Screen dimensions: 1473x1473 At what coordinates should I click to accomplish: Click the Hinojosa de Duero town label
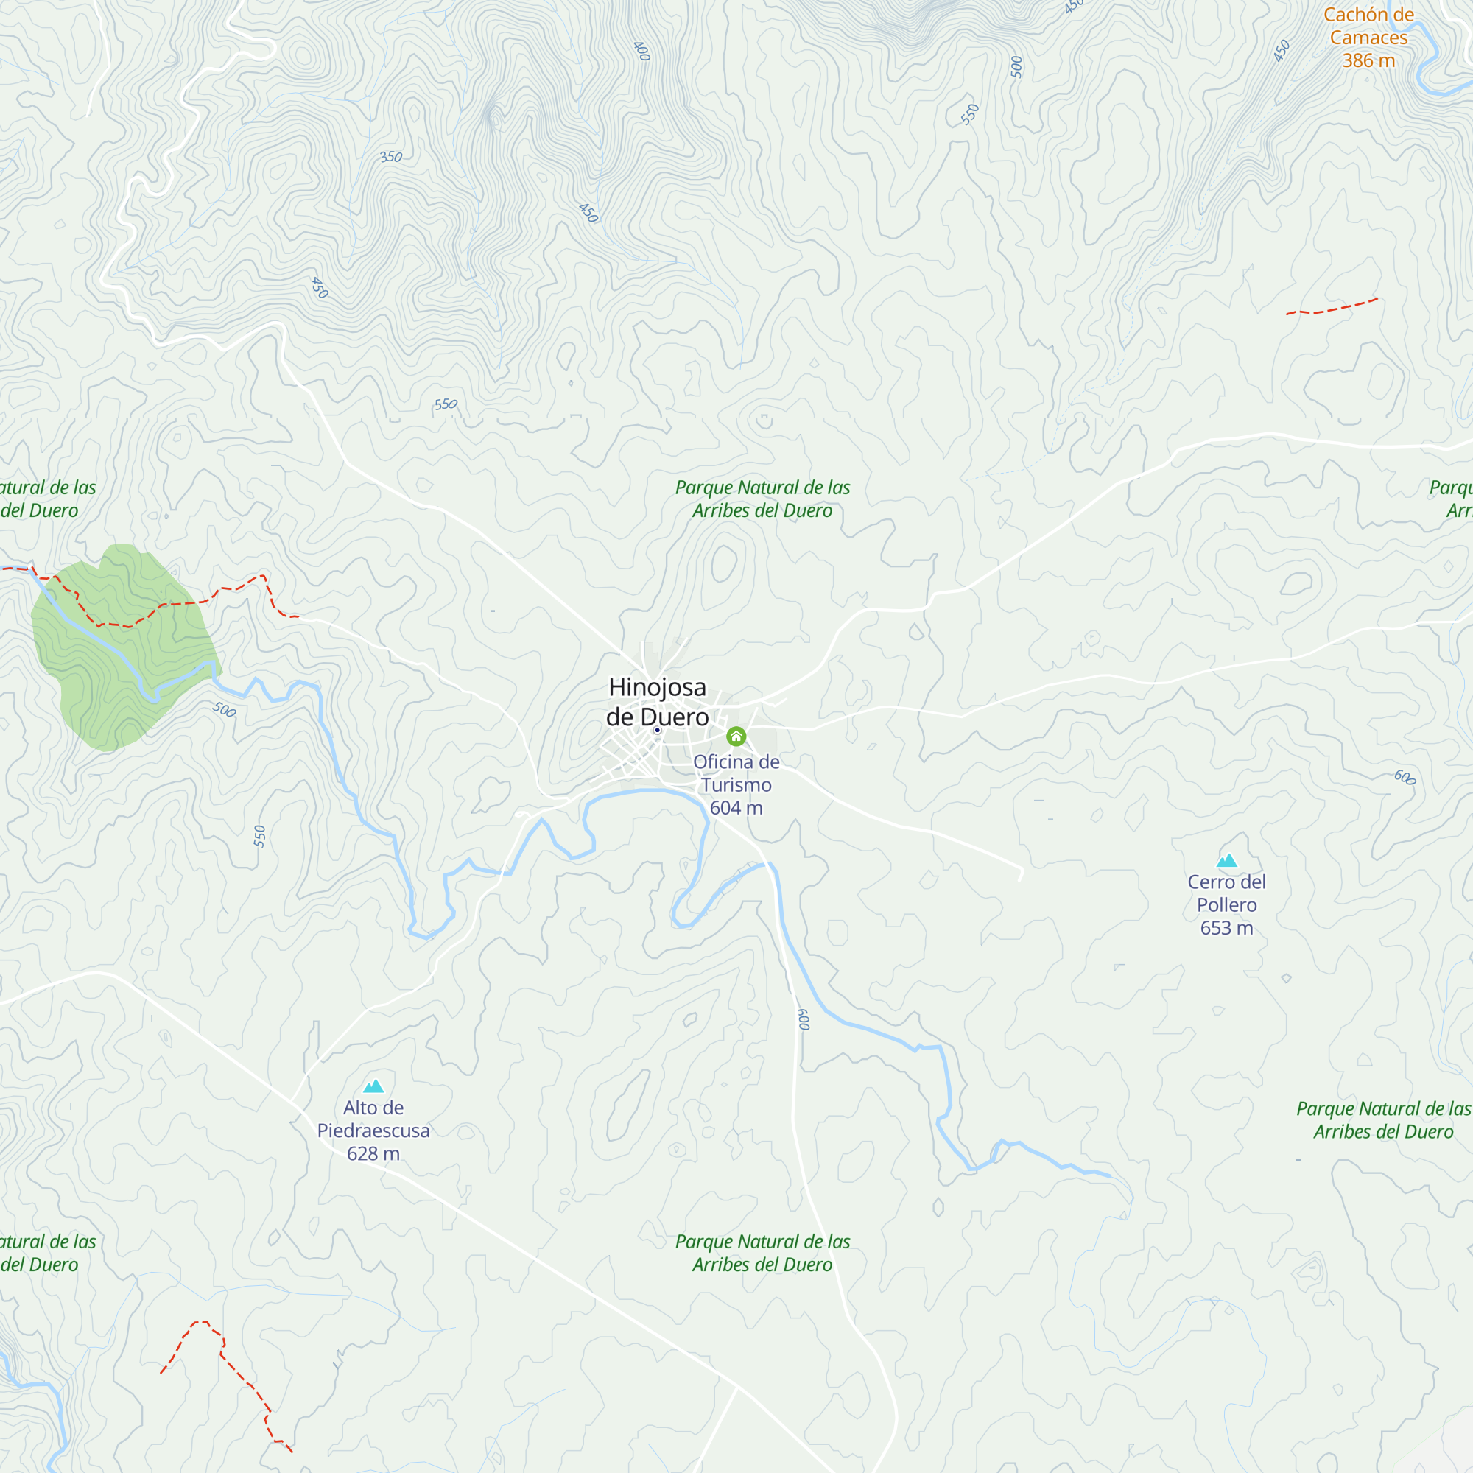point(657,701)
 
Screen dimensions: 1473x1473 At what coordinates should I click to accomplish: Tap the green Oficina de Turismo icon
point(736,736)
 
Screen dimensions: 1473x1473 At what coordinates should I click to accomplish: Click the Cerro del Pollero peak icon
point(1227,861)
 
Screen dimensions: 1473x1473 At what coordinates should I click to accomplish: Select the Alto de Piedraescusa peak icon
point(373,1086)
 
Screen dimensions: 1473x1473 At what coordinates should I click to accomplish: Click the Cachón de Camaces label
point(1368,26)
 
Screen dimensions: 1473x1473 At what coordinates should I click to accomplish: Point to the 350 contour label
point(391,157)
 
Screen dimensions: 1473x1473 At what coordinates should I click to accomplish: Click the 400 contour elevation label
point(642,51)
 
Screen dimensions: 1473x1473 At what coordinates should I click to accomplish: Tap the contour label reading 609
point(804,1019)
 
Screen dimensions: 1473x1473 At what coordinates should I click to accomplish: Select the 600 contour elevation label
point(1405,778)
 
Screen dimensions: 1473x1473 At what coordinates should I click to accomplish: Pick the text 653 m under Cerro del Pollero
point(1227,928)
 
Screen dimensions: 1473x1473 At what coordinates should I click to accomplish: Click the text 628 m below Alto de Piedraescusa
point(373,1153)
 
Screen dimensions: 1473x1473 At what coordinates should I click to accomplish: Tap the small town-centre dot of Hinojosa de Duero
point(657,731)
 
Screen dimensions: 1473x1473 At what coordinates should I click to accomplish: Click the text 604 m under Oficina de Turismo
point(736,808)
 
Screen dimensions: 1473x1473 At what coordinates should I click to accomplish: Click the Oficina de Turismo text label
point(736,773)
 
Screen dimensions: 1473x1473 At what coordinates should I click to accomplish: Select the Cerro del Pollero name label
point(1227,893)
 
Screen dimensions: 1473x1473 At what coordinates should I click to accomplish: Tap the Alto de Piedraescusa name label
point(373,1119)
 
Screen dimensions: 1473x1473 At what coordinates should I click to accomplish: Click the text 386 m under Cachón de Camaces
point(1368,61)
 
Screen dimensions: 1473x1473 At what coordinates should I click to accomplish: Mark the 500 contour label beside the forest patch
point(224,710)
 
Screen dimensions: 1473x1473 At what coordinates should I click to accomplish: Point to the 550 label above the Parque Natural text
point(446,404)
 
